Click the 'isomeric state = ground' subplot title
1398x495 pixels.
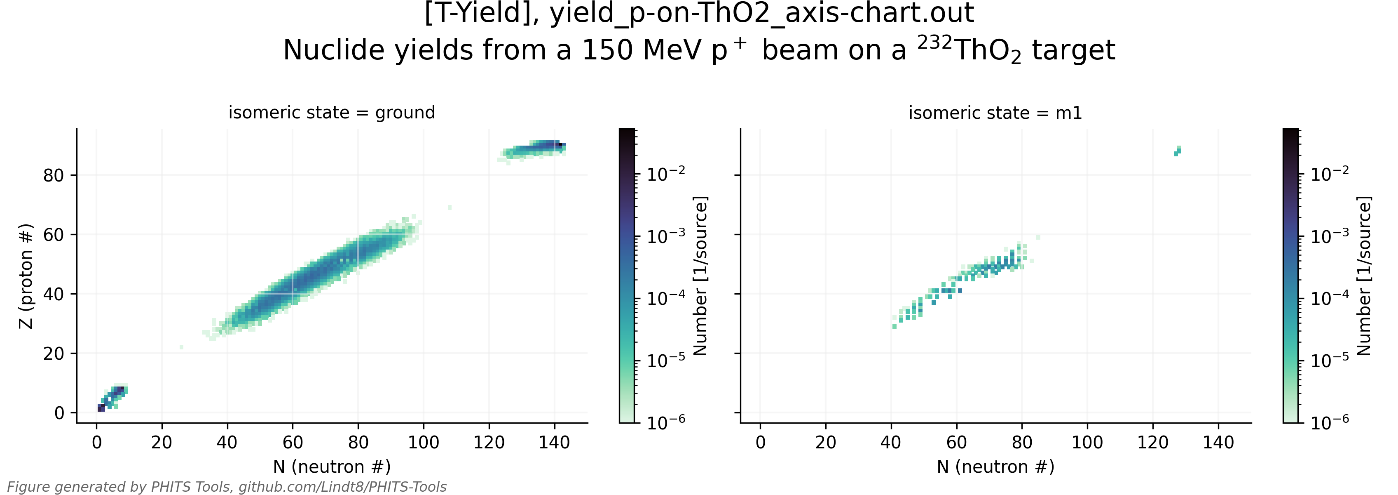332,113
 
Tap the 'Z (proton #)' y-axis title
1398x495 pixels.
26,276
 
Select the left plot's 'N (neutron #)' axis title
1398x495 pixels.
332,467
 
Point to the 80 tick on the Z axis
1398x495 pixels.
53,175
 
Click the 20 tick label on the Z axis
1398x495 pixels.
53,354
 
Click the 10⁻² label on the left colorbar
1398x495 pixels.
666,174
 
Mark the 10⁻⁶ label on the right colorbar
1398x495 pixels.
1330,422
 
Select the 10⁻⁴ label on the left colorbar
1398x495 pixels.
666,298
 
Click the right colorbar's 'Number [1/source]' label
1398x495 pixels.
1364,276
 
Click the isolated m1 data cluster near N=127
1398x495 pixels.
1177,151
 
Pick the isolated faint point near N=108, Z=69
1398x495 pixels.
450,207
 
